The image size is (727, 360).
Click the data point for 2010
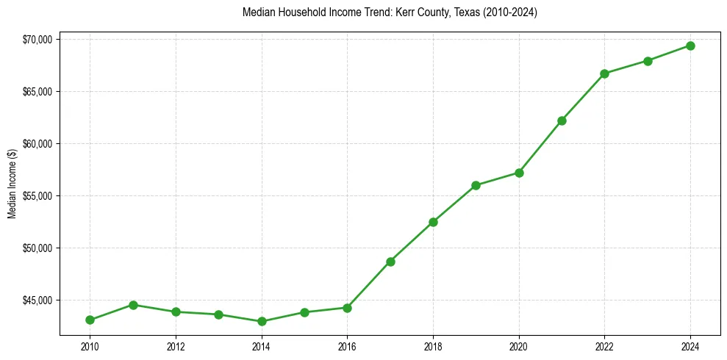coord(90,320)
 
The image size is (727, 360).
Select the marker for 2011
coord(133,305)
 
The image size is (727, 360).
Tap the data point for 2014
coord(262,321)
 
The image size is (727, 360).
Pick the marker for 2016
coord(347,308)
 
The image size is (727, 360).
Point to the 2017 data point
coord(390,262)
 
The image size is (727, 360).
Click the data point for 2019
coord(476,185)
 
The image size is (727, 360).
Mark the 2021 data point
coord(562,120)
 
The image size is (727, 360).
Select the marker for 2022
coord(604,73)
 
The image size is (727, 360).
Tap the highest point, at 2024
coord(690,46)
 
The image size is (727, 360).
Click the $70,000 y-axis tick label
coord(37,39)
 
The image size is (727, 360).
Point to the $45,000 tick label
coord(37,300)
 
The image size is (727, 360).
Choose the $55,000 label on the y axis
coord(37,196)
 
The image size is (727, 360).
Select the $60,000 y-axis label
coord(37,144)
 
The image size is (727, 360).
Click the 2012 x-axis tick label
coord(176,346)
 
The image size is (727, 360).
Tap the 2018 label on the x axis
coord(433,346)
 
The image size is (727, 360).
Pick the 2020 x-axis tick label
coord(519,346)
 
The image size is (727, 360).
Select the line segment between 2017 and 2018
coord(412,242)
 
